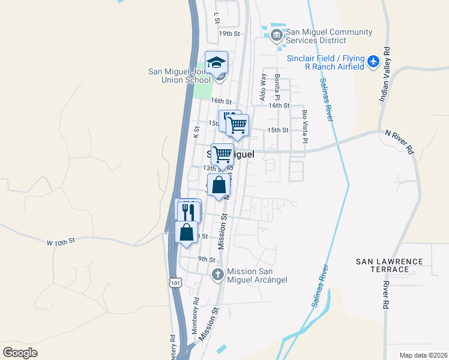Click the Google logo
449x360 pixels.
tap(20, 353)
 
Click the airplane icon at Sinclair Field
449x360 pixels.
tap(373, 61)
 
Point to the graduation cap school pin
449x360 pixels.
tap(217, 62)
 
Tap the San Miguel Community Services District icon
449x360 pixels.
tap(276, 36)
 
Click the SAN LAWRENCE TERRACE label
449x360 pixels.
tap(389, 266)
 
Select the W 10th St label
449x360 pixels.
tap(61, 241)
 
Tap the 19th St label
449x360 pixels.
tap(229, 34)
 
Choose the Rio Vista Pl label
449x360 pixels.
tap(305, 126)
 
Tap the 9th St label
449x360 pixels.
tap(206, 259)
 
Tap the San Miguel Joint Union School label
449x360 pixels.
tap(179, 76)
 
